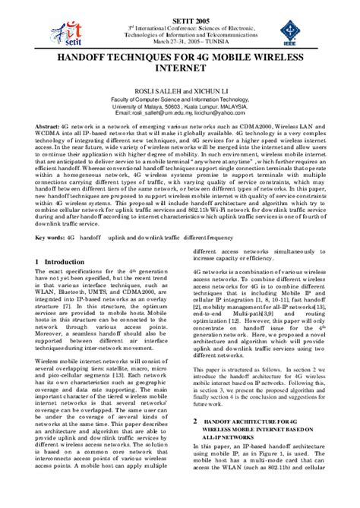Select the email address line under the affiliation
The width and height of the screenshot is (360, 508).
pyautogui.click(x=180, y=112)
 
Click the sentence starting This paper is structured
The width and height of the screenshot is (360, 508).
pyautogui.click(x=228, y=388)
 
